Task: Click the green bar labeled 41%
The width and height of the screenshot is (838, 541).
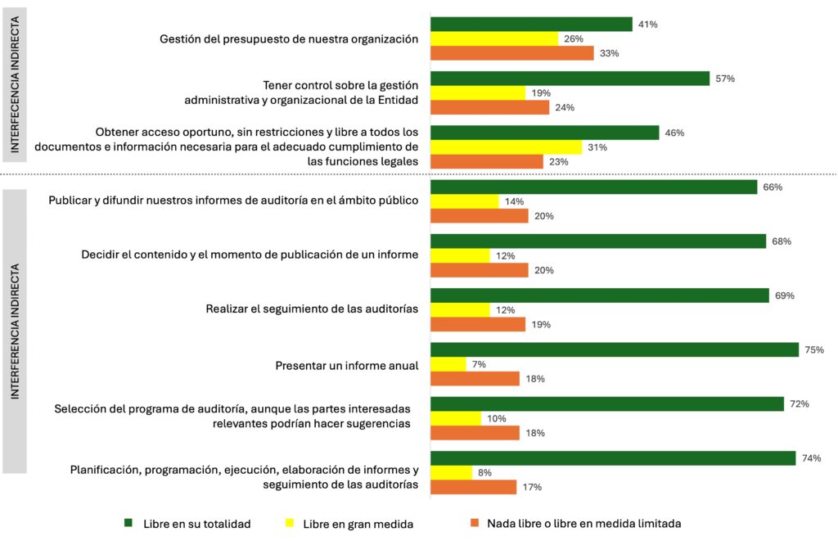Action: [x=531, y=25]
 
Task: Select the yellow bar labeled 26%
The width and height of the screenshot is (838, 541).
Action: [x=494, y=38]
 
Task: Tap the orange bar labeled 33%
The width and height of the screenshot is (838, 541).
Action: [x=511, y=53]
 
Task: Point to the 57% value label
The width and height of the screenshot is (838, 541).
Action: [x=725, y=79]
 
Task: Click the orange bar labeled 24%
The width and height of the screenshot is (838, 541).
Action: [x=489, y=107]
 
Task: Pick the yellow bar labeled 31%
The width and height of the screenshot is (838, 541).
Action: [x=506, y=147]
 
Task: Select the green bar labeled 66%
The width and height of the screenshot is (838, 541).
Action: [x=593, y=187]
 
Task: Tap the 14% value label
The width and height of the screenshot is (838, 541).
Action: [x=514, y=201]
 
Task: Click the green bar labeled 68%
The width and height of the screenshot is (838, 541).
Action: [x=598, y=241]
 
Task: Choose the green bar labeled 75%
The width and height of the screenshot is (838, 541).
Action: [x=614, y=349]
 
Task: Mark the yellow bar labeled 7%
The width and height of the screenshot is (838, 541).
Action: [x=448, y=363]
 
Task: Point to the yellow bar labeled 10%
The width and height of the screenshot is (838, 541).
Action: [x=456, y=418]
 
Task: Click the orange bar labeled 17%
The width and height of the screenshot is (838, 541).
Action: [x=473, y=487]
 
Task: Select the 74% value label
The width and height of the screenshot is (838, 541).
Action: [x=811, y=458]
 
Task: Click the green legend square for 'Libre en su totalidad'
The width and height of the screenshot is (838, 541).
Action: [x=128, y=522]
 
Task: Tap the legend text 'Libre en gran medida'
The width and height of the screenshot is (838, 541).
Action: [x=358, y=523]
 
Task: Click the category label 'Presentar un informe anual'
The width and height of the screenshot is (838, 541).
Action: [x=347, y=365]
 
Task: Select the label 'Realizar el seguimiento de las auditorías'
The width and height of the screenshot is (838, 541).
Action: [x=312, y=309]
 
